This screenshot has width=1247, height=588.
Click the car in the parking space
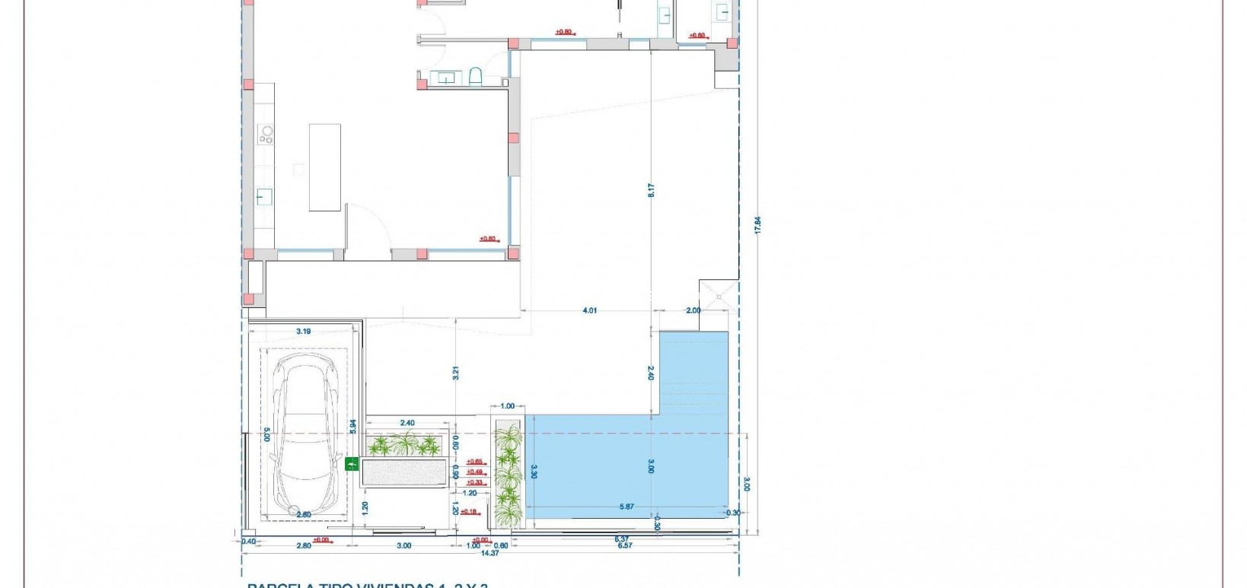(x=305, y=434)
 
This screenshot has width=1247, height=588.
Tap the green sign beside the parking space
(x=352, y=463)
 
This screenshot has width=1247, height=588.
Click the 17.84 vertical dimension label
(x=757, y=225)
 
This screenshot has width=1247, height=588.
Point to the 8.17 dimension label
(x=651, y=190)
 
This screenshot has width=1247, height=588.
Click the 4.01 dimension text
(x=590, y=310)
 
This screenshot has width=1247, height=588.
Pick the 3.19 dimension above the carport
(x=303, y=332)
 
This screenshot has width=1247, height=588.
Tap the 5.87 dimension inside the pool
(x=626, y=507)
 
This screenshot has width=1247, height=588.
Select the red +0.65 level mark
(x=475, y=462)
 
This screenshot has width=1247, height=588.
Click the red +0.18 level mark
(x=469, y=512)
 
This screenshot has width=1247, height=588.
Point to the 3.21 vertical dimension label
(x=455, y=373)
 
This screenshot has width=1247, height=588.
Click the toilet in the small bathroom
(x=476, y=76)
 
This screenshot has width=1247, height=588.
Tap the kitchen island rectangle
(x=324, y=167)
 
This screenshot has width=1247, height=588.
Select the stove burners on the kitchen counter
(x=266, y=135)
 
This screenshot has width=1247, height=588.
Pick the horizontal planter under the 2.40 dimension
(x=404, y=445)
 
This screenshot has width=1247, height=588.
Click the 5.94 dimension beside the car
(x=352, y=427)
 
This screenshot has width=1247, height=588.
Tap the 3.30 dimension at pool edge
(x=534, y=472)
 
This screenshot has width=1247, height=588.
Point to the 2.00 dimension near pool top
(x=693, y=310)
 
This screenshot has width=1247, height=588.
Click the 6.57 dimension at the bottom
(x=624, y=545)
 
